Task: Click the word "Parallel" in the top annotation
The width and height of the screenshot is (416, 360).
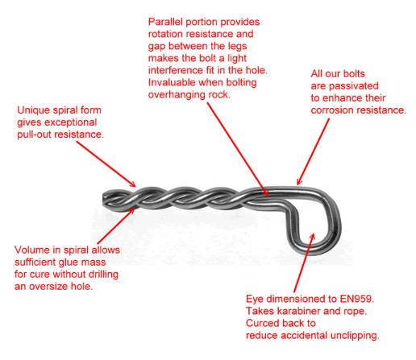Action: pos(165,22)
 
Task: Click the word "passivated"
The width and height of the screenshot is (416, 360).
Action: pos(354,86)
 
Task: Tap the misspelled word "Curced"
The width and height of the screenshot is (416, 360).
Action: pos(260,323)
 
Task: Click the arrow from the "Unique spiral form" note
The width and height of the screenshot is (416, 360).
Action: pos(106,164)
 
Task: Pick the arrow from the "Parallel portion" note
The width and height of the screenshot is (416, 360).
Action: pos(238,150)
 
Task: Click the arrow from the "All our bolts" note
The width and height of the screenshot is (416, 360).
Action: pos(313,152)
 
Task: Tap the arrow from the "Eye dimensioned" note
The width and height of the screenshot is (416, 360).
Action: pos(304,263)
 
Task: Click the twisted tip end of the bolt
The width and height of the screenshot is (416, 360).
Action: pos(104,199)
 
